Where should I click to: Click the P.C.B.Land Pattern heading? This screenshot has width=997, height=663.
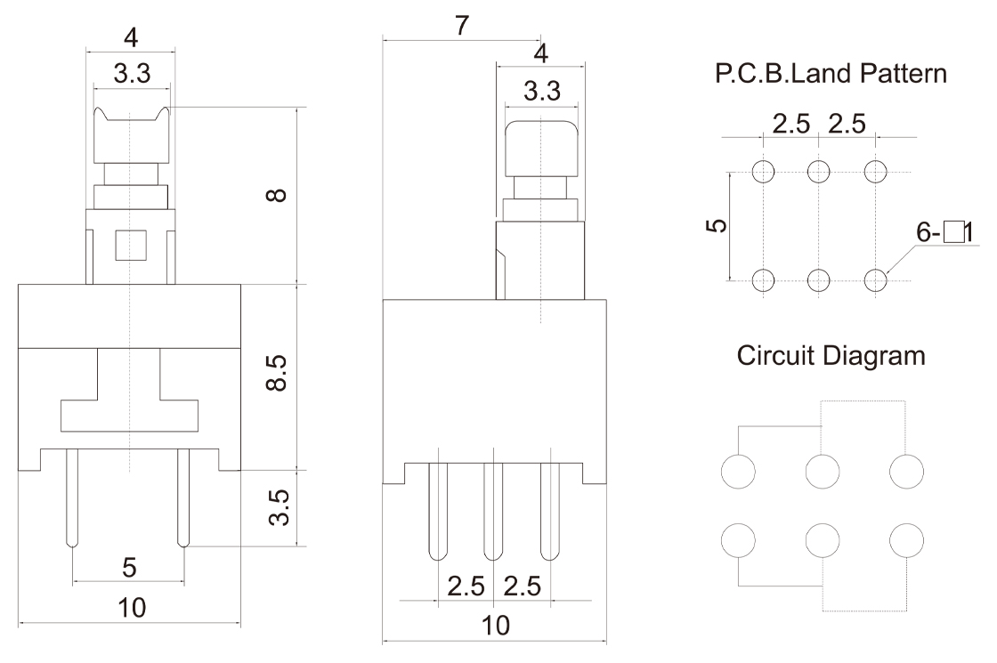coord(831,73)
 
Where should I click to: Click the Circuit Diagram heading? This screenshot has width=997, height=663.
coord(831,356)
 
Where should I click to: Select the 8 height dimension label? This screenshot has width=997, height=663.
coord(277,193)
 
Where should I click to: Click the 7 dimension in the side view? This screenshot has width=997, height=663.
coord(461,25)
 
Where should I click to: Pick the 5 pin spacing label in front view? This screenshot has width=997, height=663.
coord(128,567)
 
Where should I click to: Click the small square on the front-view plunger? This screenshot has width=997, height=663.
coord(130,244)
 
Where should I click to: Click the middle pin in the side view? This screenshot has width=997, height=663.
coord(493,512)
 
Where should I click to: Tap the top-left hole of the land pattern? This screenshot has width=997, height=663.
coord(763,171)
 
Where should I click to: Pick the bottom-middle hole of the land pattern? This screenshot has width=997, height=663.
coord(819,280)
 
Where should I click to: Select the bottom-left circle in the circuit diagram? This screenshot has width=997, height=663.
coord(738,540)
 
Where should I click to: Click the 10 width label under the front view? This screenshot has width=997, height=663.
coord(130,608)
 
